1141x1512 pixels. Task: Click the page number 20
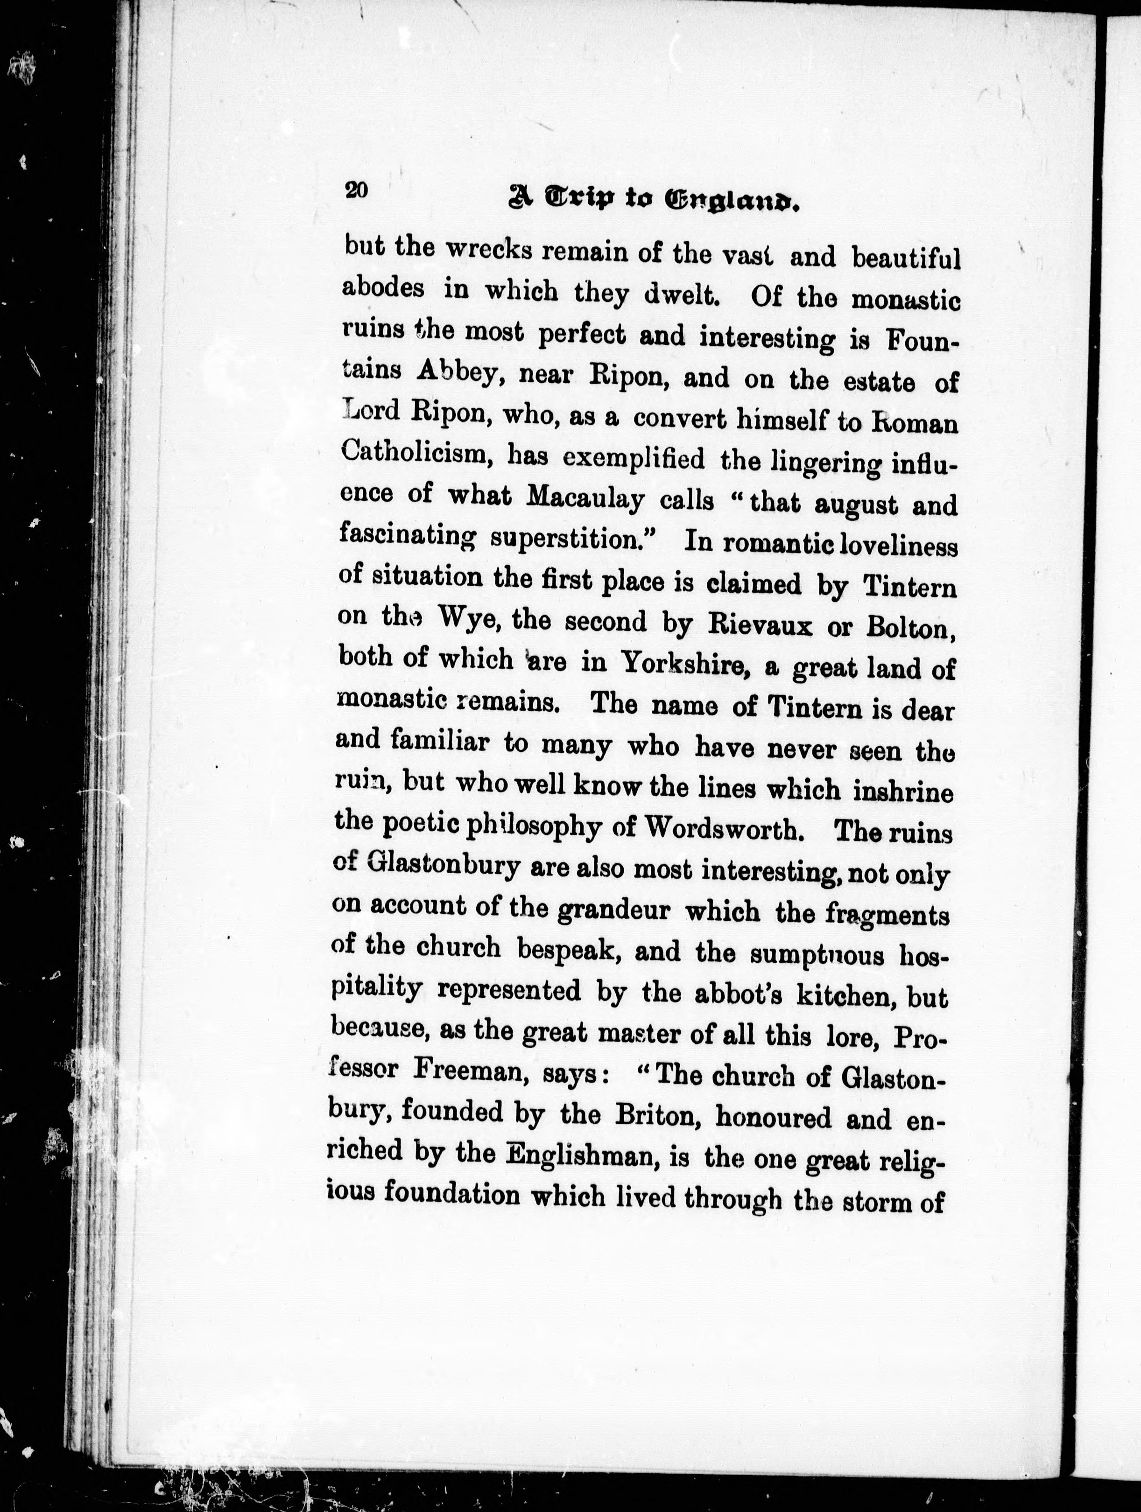(x=357, y=189)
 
